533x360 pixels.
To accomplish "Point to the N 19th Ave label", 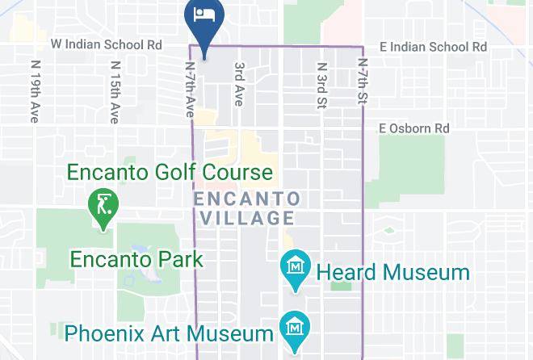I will pyautogui.click(x=35, y=90).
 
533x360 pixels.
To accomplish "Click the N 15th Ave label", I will pyautogui.click(x=115, y=90).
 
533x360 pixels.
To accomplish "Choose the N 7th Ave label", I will pyautogui.click(x=191, y=90).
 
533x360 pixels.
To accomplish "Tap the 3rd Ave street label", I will pyautogui.click(x=238, y=84).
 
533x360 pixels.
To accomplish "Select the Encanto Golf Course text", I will pyautogui.click(x=170, y=172).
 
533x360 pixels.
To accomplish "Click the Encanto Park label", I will pyautogui.click(x=136, y=260).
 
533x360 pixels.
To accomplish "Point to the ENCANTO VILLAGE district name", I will pyautogui.click(x=247, y=208).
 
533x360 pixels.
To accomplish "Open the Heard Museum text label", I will pyautogui.click(x=392, y=272).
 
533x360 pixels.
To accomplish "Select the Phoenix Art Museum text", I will pyautogui.click(x=169, y=333).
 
